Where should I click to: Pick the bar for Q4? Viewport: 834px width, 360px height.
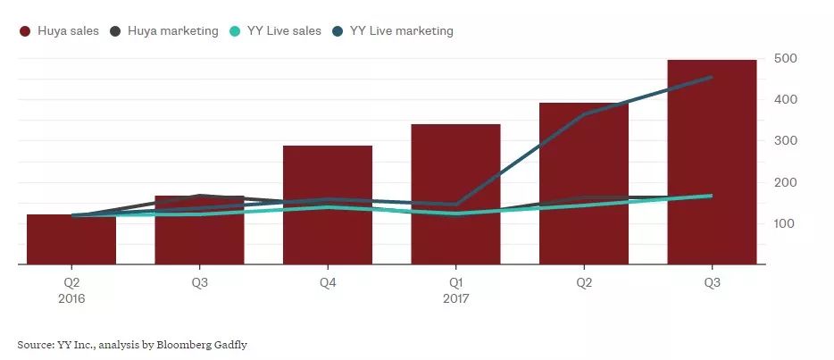click(328, 205)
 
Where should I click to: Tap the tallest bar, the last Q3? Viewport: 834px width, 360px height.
click(712, 162)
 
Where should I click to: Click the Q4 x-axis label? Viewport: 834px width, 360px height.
click(328, 283)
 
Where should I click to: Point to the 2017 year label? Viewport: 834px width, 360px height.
click(456, 298)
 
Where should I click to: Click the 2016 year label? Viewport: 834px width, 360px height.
click(71, 298)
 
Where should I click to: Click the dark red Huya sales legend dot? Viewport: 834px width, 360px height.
click(25, 31)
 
